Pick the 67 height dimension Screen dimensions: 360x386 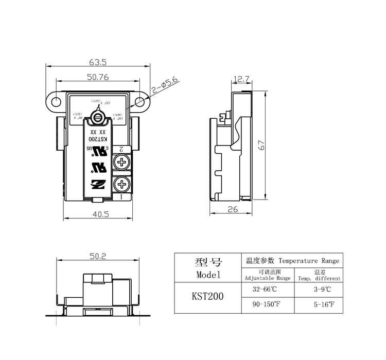[x=262, y=146]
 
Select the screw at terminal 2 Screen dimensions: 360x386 [x=122, y=164]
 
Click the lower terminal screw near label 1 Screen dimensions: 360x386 [x=122, y=184]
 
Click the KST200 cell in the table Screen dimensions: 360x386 [x=207, y=297]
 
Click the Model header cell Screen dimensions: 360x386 [x=207, y=268]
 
